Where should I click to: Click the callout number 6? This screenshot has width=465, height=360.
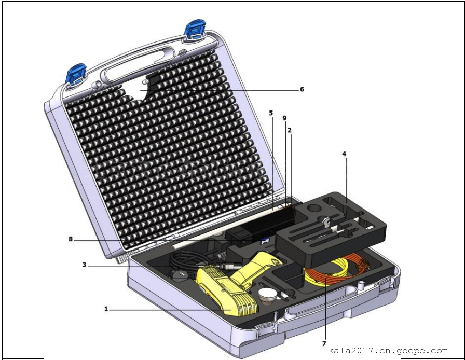(x=302, y=89)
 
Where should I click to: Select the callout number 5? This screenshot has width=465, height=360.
(x=271, y=113)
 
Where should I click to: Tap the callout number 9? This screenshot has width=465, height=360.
(x=285, y=118)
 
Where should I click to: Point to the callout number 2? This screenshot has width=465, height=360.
(x=290, y=130)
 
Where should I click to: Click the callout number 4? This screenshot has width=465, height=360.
(x=344, y=154)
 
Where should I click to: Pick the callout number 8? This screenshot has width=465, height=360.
(x=71, y=239)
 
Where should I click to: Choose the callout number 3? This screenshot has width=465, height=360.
(x=84, y=265)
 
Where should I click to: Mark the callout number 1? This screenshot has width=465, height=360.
(x=106, y=309)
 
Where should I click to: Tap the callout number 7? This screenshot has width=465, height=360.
(x=324, y=343)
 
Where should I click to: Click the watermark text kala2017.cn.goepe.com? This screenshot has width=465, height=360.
(x=388, y=351)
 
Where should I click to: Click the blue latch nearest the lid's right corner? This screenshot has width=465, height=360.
(x=195, y=30)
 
